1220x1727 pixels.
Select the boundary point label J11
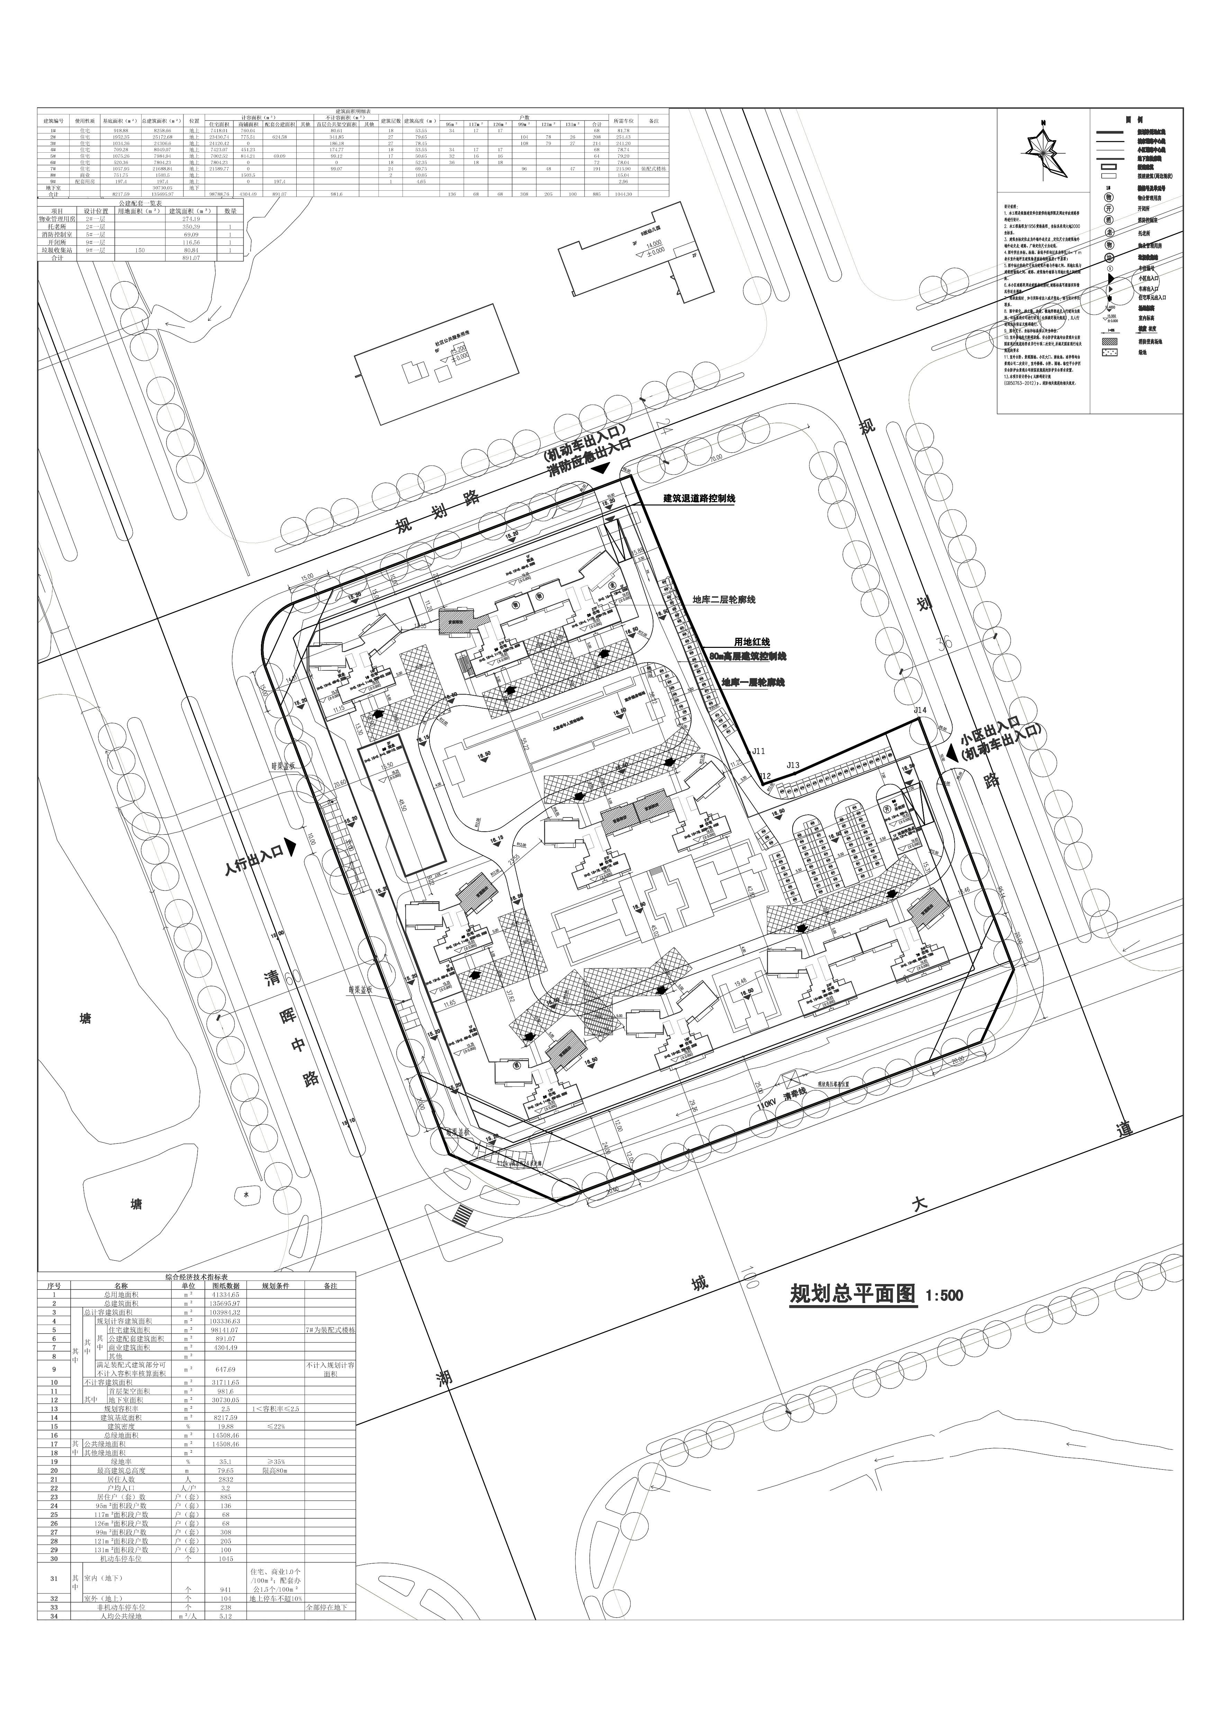click(758, 751)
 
